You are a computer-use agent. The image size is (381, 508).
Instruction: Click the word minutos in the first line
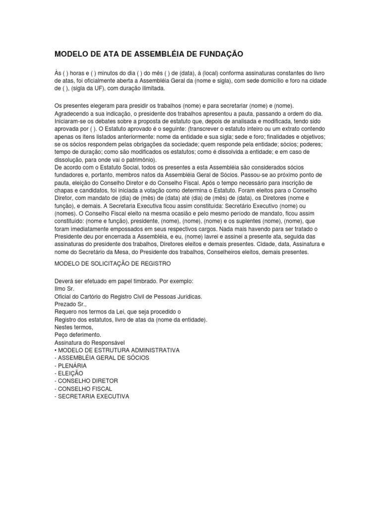pos(103,72)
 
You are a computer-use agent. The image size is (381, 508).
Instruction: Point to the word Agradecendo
pos(73,113)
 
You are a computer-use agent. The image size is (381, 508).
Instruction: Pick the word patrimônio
pos(138,160)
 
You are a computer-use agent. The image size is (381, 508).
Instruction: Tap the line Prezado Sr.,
pos(70,304)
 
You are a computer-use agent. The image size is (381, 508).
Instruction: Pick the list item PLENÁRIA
pos(73,366)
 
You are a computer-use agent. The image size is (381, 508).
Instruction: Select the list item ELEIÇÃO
pos(70,373)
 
